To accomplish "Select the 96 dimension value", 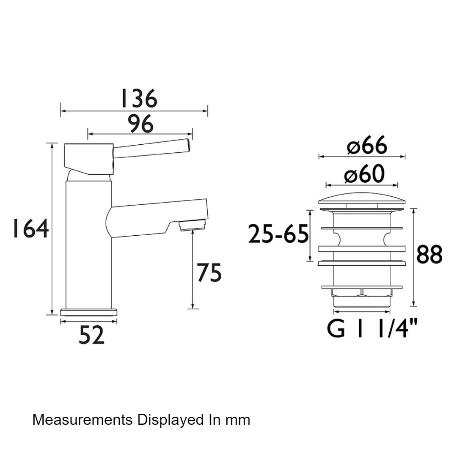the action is point(140,124).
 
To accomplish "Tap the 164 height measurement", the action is point(30,228).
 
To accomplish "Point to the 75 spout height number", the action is point(209,273).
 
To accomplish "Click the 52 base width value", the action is point(91,335).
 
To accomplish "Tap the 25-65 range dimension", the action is point(278,234).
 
